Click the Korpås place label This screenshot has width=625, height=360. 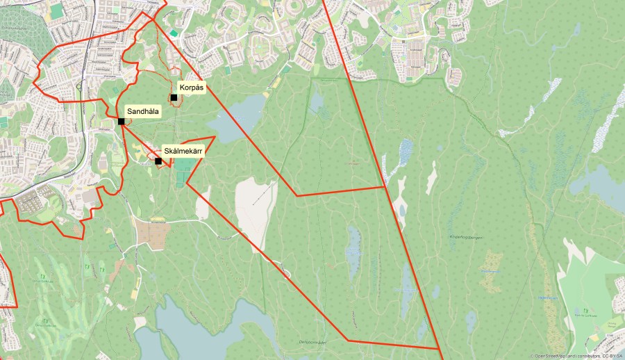coord(192,88)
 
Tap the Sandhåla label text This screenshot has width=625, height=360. coord(143,111)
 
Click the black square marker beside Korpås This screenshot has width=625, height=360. coord(174,98)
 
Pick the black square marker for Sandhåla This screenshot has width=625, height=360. coord(122,122)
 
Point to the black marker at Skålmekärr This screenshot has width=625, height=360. coord(158,161)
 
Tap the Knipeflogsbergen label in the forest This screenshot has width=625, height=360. coord(465,238)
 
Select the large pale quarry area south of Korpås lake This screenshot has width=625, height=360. coord(253,208)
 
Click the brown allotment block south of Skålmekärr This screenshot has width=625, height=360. coord(152,235)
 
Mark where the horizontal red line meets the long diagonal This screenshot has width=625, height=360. coord(385,187)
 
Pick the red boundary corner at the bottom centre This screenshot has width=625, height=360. coord(347,341)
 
